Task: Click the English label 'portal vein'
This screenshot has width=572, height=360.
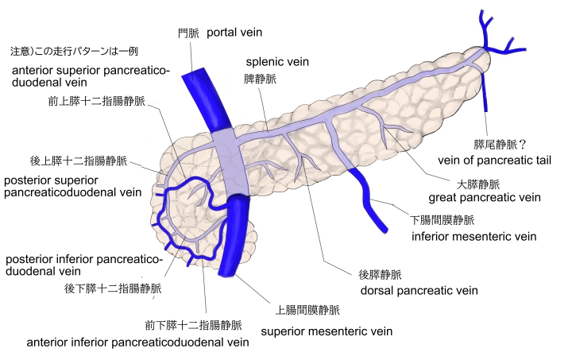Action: click(234, 33)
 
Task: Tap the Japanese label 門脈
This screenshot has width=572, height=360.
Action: click(187, 33)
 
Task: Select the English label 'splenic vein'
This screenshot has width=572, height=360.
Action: click(277, 61)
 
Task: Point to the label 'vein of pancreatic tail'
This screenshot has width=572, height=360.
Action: click(494, 160)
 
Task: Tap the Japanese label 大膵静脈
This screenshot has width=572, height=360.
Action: click(476, 182)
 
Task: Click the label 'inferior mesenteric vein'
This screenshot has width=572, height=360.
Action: click(473, 236)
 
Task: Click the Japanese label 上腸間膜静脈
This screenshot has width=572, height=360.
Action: click(307, 310)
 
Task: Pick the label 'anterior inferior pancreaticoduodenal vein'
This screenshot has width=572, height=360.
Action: click(137, 343)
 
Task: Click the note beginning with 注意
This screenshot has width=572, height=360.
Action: click(74, 52)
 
